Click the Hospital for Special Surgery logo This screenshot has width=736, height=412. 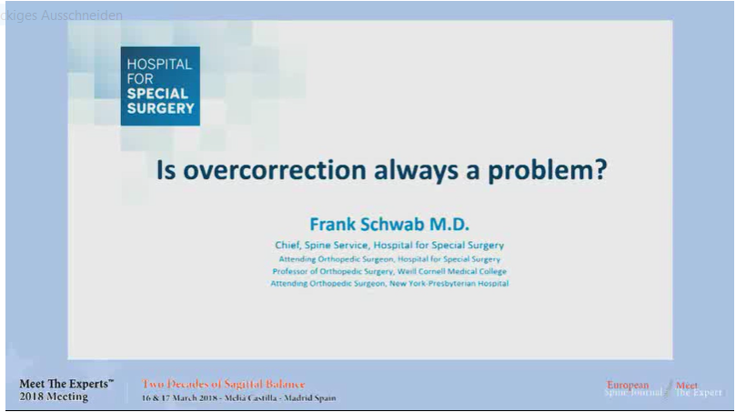pyautogui.click(x=160, y=85)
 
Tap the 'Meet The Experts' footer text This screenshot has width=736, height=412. pyautogui.click(x=66, y=385)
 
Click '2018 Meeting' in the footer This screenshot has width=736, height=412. pyautogui.click(x=54, y=397)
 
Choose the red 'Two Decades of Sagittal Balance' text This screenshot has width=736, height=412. pyautogui.click(x=224, y=385)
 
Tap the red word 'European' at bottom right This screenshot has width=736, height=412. pyautogui.click(x=628, y=385)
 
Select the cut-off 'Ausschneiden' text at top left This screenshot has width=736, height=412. pyautogui.click(x=80, y=15)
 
